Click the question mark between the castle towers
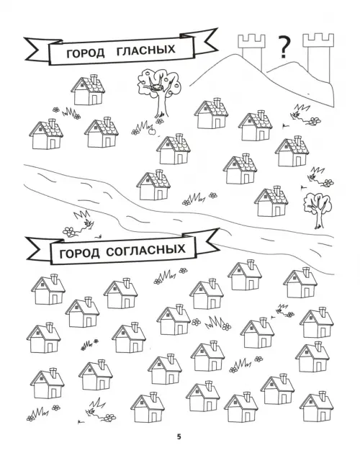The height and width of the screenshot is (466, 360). coord(284,47)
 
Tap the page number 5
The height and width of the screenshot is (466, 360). coord(179,437)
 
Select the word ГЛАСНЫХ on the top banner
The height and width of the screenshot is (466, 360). coord(146,50)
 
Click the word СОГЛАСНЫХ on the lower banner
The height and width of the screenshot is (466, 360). coord(145,251)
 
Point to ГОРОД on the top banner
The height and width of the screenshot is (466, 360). coord(86,53)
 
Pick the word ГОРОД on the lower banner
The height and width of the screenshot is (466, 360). coord(80,254)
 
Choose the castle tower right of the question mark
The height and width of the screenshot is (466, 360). coord(318,56)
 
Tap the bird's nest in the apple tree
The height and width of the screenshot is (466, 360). coord(156,89)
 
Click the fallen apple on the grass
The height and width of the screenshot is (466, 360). coord(151,131)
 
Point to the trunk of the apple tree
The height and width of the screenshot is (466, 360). coord(162,104)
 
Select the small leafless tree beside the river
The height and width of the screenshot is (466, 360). coord(317,210)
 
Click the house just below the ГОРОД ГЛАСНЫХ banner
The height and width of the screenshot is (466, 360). coord(89,90)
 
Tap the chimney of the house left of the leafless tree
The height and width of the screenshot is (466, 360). coord(277,190)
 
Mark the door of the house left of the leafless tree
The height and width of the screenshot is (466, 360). coord(278,211)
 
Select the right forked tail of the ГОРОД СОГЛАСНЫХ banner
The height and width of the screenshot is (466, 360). coord(207,242)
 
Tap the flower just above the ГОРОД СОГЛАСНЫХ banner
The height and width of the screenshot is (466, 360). coord(69,231)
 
